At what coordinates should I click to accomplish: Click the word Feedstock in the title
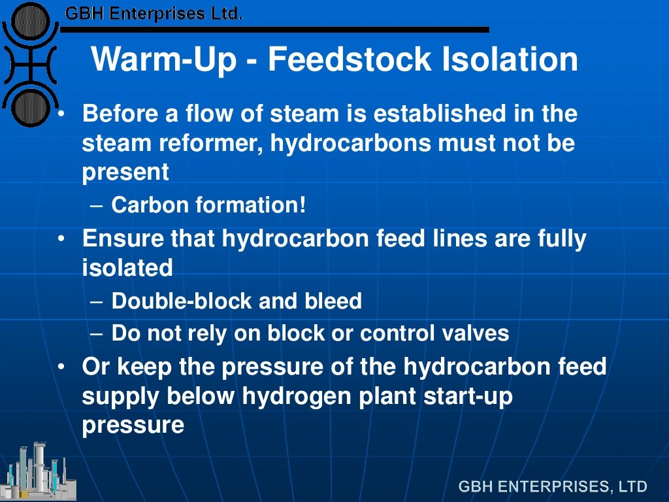coord(350,59)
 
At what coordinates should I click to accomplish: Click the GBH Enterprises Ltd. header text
coord(154,13)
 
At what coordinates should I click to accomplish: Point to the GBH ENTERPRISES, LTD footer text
coord(553,486)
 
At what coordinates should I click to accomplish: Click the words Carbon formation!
coord(208,205)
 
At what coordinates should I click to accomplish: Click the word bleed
coord(333,301)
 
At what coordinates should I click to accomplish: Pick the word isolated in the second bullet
coord(127,267)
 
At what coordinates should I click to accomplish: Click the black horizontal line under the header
coord(274,29)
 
